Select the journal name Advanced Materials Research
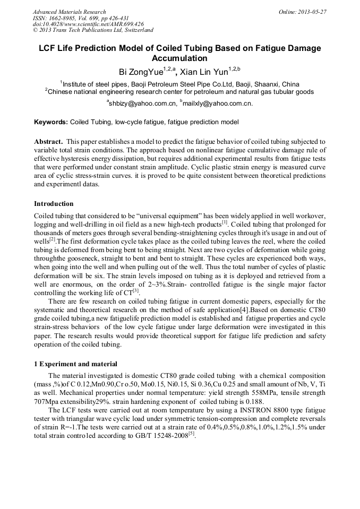[x=70, y=12]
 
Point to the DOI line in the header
[x=88, y=24]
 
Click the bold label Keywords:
[x=51, y=122]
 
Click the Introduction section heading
[x=54, y=204]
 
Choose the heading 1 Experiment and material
[x=75, y=364]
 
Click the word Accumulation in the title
[x=179, y=58]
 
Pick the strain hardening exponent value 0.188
[x=255, y=401]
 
